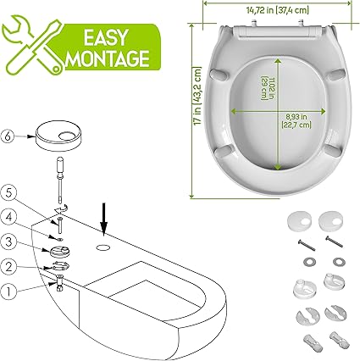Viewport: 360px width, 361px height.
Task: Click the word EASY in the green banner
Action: pos(106,37)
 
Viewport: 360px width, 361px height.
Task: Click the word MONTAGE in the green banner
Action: pos(108,58)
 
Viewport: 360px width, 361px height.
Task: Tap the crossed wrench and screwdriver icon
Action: pos(32,45)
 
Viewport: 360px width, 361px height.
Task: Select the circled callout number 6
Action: pos(8,136)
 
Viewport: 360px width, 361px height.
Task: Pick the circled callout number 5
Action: pos(8,193)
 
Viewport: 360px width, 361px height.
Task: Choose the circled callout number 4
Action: pos(8,218)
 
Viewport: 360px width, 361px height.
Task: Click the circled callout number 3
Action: pos(8,242)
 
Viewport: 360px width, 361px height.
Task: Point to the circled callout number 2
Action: pos(8,267)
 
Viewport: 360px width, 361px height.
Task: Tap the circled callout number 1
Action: pos(8,292)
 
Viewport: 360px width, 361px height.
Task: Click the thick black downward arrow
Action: pos(104,219)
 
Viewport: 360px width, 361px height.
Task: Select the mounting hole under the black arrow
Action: pos(103,248)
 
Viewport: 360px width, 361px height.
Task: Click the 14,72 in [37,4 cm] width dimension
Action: pos(278,10)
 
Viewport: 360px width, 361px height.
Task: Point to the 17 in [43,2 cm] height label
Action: pos(197,96)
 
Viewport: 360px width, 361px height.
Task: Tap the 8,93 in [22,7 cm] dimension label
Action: pos(296,120)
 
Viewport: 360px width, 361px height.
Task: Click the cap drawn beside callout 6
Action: pos(58,136)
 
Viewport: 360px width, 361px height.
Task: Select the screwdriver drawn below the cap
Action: pos(60,180)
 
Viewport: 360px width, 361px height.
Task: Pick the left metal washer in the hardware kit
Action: pos(310,262)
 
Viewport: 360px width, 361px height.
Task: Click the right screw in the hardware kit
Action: pos(335,242)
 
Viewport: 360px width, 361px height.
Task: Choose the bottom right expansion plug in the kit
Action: pos(340,339)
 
